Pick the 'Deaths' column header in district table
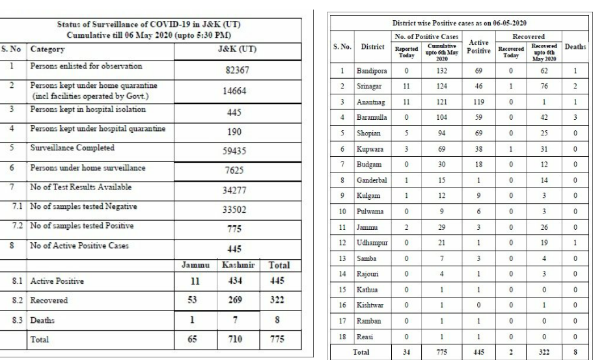(575, 47)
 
